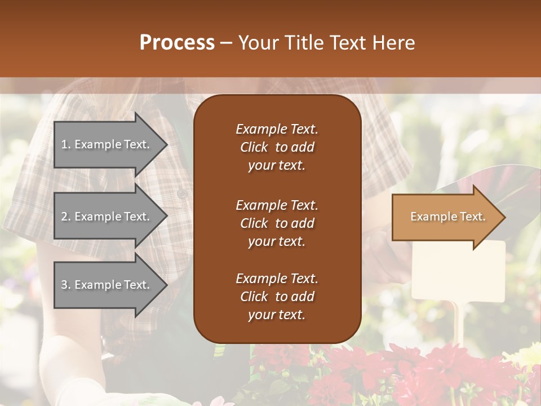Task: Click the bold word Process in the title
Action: tap(177, 43)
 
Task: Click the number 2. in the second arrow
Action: tap(66, 217)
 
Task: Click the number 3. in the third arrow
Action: tap(66, 285)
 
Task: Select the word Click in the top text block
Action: tap(254, 147)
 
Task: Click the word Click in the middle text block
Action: tap(254, 223)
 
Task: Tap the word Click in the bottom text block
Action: tap(254, 297)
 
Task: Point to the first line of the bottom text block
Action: tap(277, 279)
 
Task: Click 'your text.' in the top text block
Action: tap(277, 165)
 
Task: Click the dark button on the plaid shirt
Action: tap(182, 193)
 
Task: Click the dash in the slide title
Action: tap(226, 43)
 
